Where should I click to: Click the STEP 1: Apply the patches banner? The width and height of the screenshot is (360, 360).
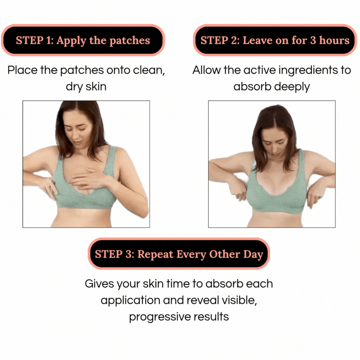83,40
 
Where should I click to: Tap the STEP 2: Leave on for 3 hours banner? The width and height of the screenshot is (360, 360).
275,40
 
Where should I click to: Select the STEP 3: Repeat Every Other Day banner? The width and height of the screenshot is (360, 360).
179,254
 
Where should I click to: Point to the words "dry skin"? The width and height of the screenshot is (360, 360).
86,87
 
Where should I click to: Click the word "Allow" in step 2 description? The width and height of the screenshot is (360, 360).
206,70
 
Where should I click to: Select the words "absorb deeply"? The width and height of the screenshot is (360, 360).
271,87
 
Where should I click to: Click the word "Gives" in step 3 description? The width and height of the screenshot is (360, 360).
99,284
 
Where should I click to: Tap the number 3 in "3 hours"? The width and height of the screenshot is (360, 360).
313,40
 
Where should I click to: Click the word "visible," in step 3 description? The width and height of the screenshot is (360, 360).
239,300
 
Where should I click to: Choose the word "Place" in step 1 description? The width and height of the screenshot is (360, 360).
22,70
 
